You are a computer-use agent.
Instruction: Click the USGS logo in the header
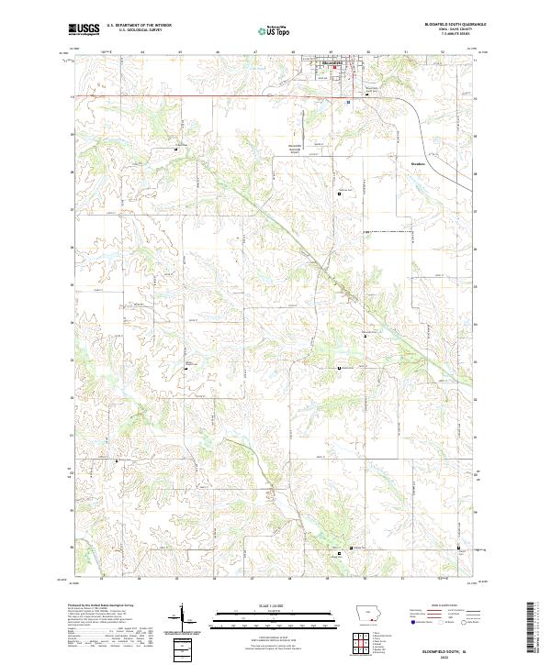point(84,29)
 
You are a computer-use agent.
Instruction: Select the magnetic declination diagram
point(183,619)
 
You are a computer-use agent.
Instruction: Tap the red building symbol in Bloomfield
point(336,68)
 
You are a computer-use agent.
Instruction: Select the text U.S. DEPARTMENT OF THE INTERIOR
point(139,25)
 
